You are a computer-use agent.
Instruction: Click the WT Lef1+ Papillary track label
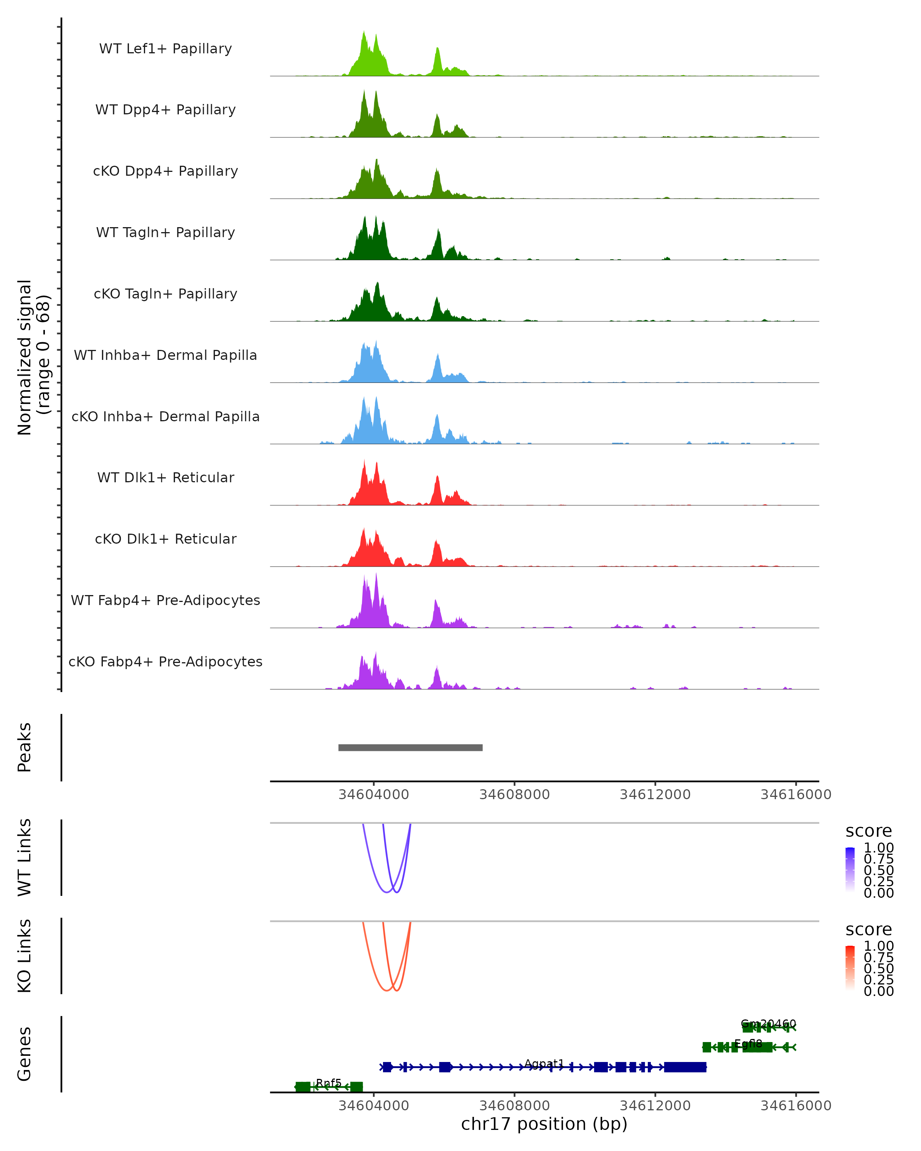[x=165, y=49]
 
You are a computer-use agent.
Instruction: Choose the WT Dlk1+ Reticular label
[x=165, y=477]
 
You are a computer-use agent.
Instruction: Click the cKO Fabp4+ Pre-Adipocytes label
[x=165, y=661]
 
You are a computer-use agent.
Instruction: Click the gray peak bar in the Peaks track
[x=410, y=747]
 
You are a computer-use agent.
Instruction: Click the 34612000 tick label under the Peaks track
[x=655, y=795]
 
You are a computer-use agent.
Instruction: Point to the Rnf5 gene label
[x=328, y=1083]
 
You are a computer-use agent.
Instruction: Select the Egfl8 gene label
[x=748, y=1044]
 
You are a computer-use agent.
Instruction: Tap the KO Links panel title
[x=25, y=956]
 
